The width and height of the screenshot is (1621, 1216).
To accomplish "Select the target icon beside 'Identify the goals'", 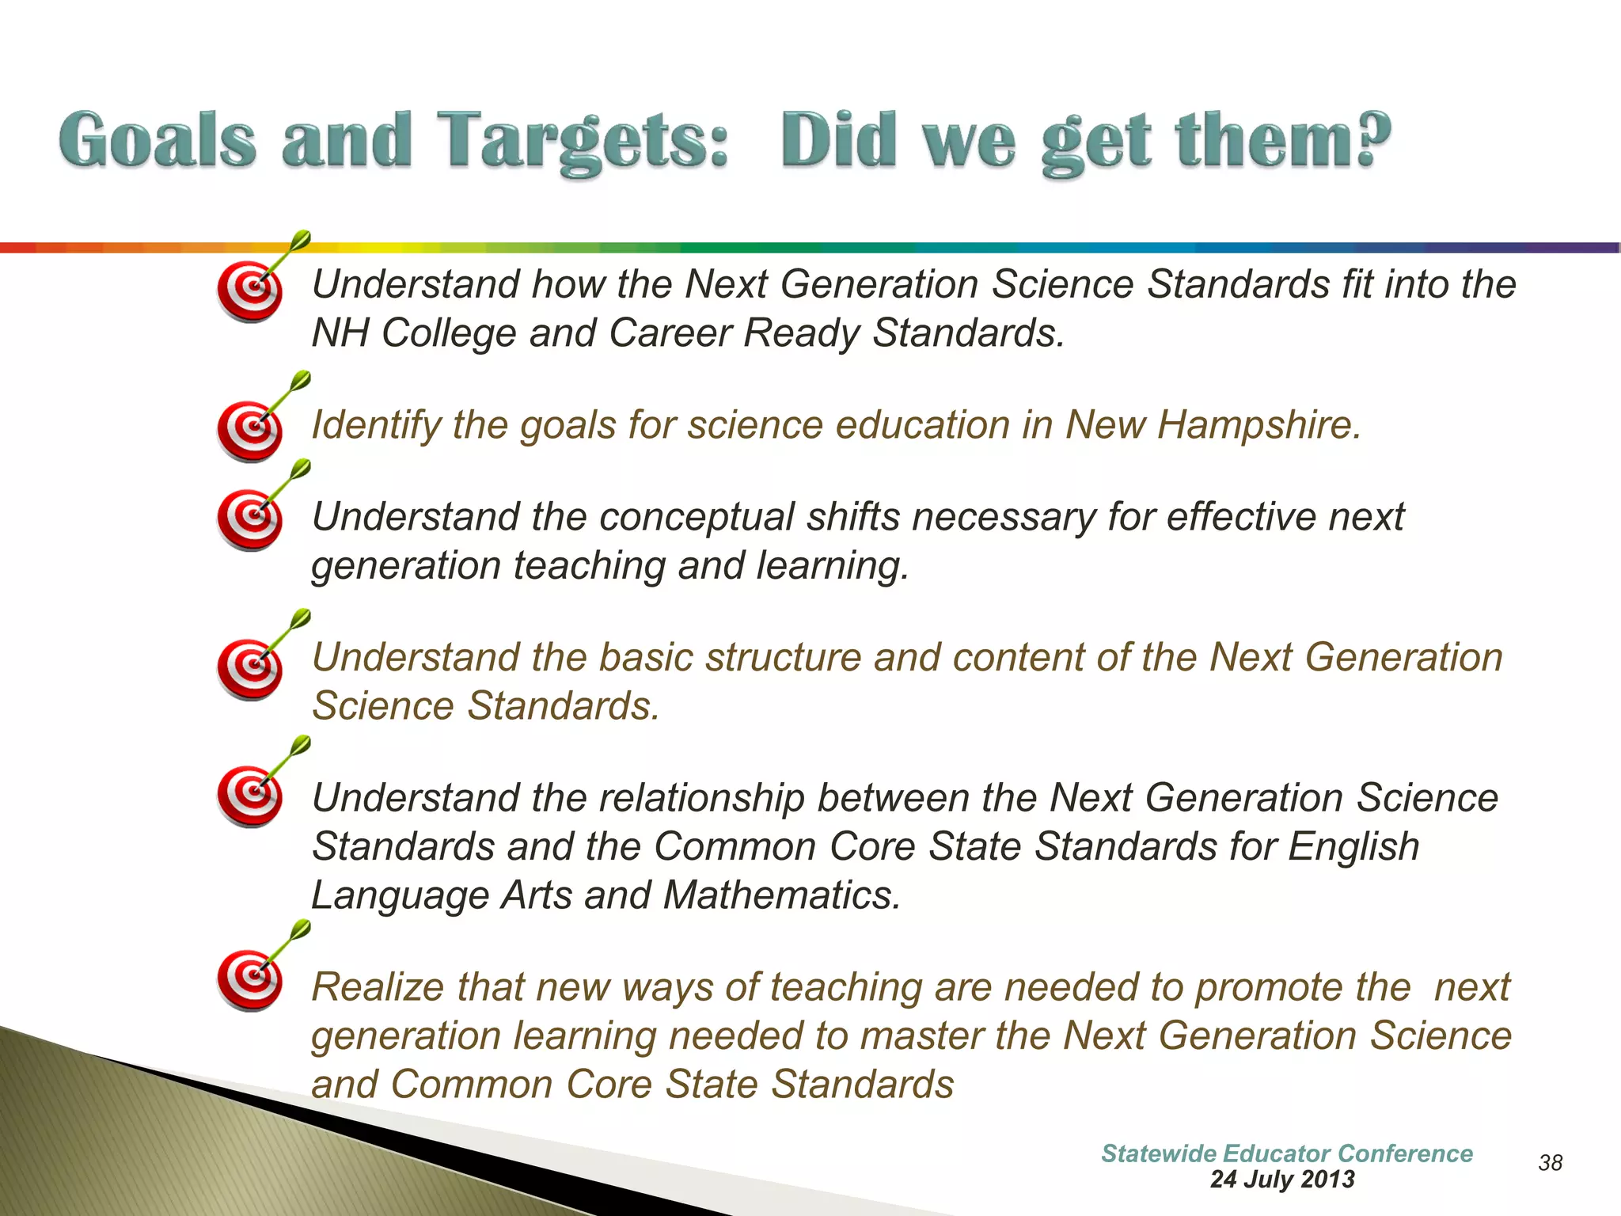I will (250, 430).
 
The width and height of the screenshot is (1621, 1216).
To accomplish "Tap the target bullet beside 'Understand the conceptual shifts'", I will (250, 519).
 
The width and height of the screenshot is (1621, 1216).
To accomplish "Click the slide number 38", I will (1550, 1162).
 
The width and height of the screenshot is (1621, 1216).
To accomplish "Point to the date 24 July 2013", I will (1282, 1180).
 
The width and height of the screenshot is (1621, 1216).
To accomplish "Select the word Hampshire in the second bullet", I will (1258, 425).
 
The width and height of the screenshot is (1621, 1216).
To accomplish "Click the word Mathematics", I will (782, 895).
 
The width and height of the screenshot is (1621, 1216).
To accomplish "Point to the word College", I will (449, 333).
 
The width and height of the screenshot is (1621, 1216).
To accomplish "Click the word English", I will (1353, 847).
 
